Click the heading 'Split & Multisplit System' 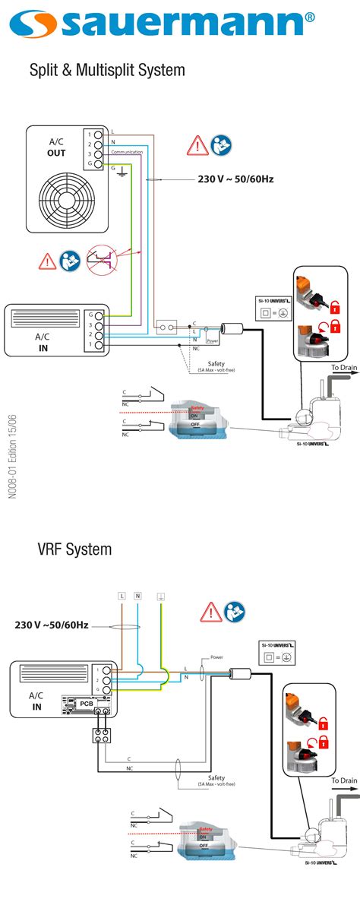coord(107,71)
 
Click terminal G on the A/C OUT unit coord(98,165)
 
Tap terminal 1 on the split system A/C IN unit coord(98,345)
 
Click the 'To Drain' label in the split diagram coord(343,368)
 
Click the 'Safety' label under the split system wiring coord(216,363)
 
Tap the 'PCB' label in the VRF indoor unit coord(86,704)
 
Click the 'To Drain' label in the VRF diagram coord(343,780)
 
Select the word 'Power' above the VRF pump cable coord(216,657)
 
